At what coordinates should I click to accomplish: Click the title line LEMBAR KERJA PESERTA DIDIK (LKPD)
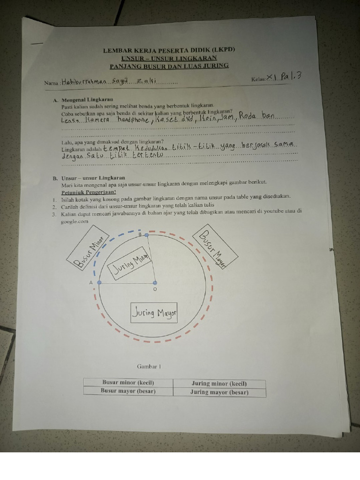click(169, 50)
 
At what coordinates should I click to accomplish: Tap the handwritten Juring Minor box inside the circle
click(130, 265)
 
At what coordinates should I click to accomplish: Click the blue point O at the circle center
click(155, 283)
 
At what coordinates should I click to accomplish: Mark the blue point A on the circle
click(99, 283)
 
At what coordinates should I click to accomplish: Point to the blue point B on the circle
click(147, 234)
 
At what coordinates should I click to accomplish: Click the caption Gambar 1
click(149, 366)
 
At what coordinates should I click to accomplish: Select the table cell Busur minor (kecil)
click(128, 383)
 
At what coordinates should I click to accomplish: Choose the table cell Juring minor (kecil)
click(219, 383)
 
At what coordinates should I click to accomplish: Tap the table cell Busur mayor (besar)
click(128, 391)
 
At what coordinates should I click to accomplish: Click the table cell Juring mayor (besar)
click(219, 392)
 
